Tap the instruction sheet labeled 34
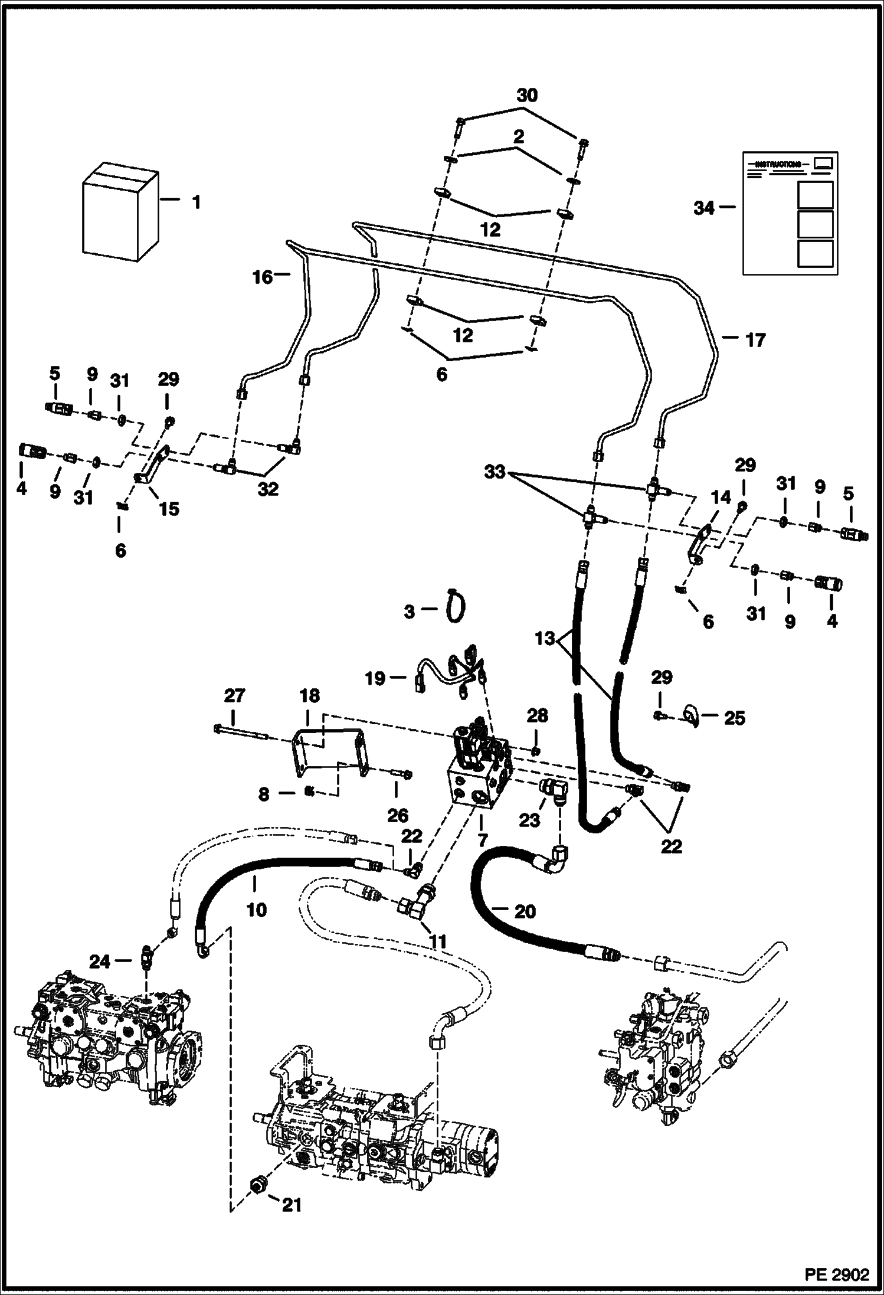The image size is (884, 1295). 790,214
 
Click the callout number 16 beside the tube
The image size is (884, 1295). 263,276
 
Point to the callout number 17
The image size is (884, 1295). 755,340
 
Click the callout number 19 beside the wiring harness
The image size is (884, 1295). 375,678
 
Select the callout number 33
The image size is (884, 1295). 495,472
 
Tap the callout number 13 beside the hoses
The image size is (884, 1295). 546,638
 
